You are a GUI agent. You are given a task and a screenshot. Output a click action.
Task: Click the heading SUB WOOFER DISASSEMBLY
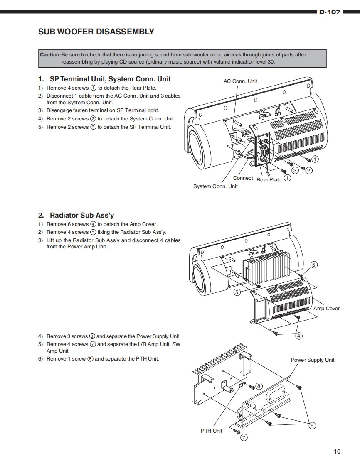(96, 32)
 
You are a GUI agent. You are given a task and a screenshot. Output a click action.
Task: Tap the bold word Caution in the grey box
(50, 55)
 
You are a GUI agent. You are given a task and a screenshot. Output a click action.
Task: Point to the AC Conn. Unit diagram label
(240, 81)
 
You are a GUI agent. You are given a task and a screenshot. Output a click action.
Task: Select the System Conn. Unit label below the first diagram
(215, 186)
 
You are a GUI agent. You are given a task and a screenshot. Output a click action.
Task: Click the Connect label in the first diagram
(243, 178)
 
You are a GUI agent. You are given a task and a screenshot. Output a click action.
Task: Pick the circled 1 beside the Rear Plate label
(287, 179)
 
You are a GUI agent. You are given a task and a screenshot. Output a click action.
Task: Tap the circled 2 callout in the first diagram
(309, 170)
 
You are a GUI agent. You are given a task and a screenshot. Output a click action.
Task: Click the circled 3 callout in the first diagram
(295, 170)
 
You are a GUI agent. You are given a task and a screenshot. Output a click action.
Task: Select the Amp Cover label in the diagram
(326, 309)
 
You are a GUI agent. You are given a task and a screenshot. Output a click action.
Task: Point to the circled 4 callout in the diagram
(299, 336)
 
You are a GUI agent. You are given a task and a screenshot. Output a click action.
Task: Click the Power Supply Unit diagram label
(313, 360)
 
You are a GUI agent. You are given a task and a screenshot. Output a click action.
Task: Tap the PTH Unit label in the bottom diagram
(212, 431)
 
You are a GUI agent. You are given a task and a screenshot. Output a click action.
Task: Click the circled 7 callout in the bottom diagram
(244, 437)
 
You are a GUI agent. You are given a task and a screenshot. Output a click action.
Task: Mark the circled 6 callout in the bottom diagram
(312, 425)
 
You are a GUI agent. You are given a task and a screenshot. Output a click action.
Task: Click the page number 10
(337, 451)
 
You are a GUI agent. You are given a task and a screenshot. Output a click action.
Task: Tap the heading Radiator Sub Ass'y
(81, 215)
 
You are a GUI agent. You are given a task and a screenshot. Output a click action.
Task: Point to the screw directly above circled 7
(238, 432)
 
